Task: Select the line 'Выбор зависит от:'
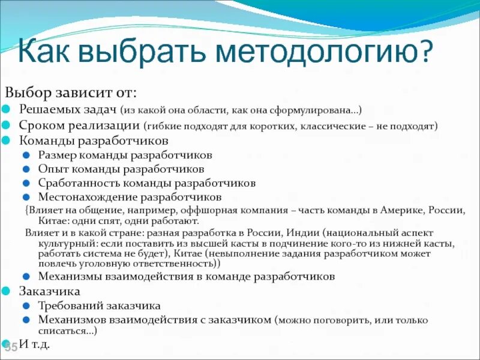[x=71, y=93]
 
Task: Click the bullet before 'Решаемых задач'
[x=5, y=110]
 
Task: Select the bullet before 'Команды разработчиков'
[x=5, y=142]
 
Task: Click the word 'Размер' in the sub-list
[x=55, y=155]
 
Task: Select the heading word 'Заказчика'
[x=49, y=292]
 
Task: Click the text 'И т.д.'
[x=35, y=344]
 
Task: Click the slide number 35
[x=11, y=347]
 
